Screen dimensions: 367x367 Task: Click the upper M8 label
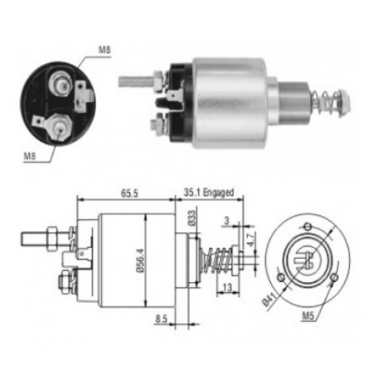click(104, 50)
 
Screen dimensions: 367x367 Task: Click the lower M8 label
click(29, 156)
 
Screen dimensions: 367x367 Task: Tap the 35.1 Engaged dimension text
click(208, 193)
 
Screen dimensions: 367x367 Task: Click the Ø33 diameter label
click(192, 218)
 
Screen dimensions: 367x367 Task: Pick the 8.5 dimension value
click(161, 319)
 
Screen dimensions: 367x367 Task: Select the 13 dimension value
click(228, 288)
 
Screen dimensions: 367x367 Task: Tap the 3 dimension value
click(227, 221)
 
